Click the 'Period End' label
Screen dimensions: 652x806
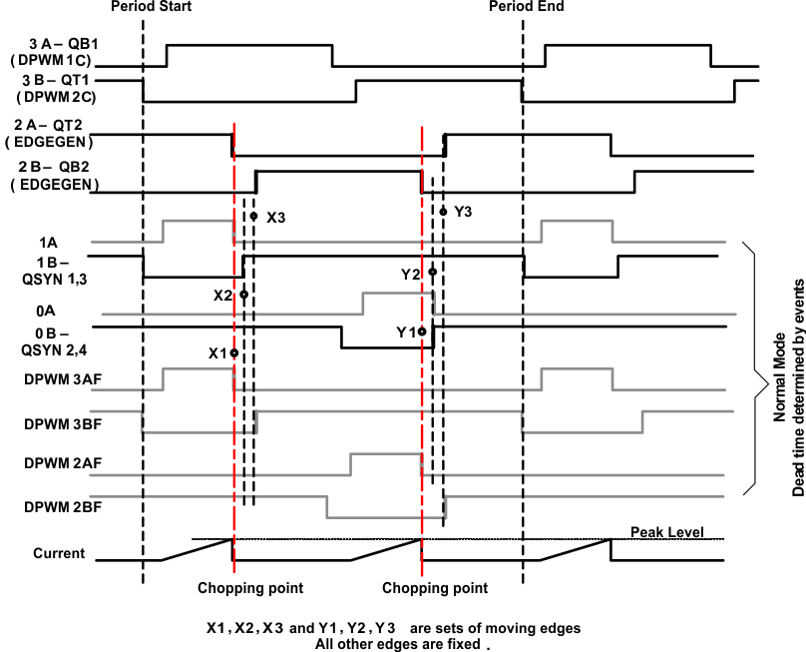tap(527, 7)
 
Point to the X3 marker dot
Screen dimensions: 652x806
tap(254, 216)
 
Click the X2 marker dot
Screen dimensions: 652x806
tap(243, 296)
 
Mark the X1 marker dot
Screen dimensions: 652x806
tap(233, 352)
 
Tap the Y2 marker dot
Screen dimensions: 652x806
tap(432, 272)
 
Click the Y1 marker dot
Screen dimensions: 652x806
tap(423, 330)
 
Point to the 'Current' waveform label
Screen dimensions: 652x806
tap(59, 552)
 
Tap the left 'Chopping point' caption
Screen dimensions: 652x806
tap(250, 587)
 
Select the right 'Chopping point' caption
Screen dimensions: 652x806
tap(435, 587)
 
